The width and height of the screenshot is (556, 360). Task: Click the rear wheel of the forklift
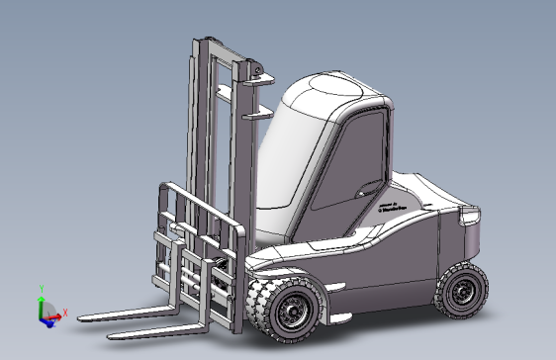coord(460,293)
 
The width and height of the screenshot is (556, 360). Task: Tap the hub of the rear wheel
coord(462,294)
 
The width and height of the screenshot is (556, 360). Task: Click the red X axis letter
coord(64,313)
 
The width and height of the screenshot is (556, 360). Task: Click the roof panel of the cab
coord(336,89)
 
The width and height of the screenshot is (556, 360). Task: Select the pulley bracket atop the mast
coord(255,72)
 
